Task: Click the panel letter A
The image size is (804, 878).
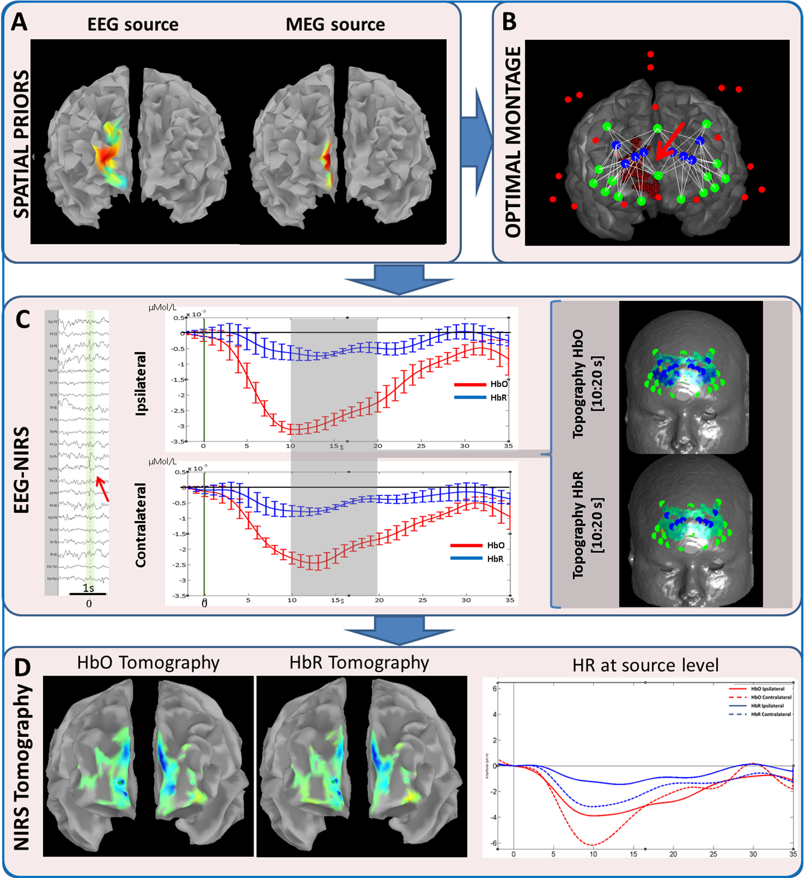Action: pyautogui.click(x=19, y=22)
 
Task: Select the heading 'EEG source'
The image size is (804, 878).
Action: pyautogui.click(x=133, y=24)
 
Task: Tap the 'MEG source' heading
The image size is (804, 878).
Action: pyautogui.click(x=335, y=24)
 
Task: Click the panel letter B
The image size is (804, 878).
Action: pyautogui.click(x=509, y=22)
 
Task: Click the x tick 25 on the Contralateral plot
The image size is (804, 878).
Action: pyautogui.click(x=422, y=600)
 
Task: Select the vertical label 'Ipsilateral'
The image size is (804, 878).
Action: pyautogui.click(x=141, y=383)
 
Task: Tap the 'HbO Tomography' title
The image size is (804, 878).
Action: pyautogui.click(x=148, y=663)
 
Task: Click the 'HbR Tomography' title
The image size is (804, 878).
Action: pyautogui.click(x=359, y=663)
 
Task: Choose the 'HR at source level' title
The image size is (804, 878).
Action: pyautogui.click(x=645, y=665)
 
